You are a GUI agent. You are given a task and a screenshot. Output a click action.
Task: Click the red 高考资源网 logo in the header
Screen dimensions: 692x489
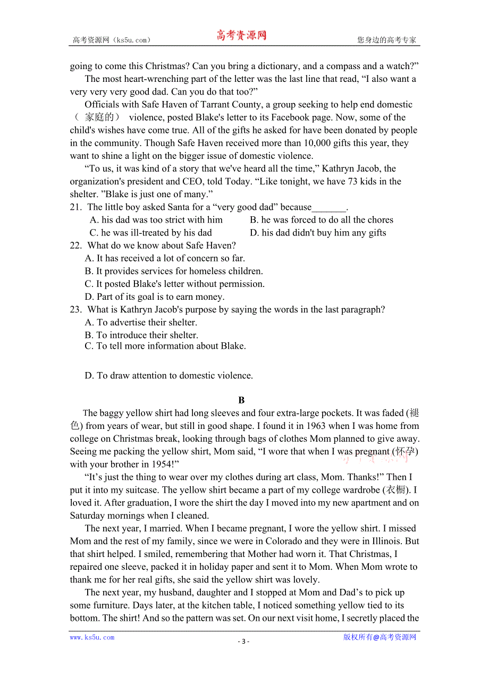click(241, 36)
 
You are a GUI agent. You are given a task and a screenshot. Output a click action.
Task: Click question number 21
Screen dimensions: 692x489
click(75, 207)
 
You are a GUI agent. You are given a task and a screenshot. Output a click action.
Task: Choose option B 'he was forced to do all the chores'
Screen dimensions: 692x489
click(322, 220)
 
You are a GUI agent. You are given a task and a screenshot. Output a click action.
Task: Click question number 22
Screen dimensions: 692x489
click(75, 246)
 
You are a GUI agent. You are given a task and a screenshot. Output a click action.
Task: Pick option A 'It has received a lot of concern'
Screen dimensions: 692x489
click(165, 258)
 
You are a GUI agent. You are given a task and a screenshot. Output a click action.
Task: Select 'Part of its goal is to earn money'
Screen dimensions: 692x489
click(155, 297)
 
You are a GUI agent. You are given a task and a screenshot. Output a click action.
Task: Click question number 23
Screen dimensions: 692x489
click(75, 309)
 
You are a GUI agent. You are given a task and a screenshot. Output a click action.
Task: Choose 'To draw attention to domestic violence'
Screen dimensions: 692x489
click(169, 376)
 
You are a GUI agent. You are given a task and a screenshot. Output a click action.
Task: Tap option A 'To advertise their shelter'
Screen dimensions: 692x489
click(141, 323)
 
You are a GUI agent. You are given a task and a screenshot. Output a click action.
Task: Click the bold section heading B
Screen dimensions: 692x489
click(241, 400)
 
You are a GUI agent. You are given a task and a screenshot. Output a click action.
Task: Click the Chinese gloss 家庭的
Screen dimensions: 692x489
click(99, 117)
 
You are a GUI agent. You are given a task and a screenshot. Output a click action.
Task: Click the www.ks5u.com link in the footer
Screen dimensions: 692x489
click(92, 637)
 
